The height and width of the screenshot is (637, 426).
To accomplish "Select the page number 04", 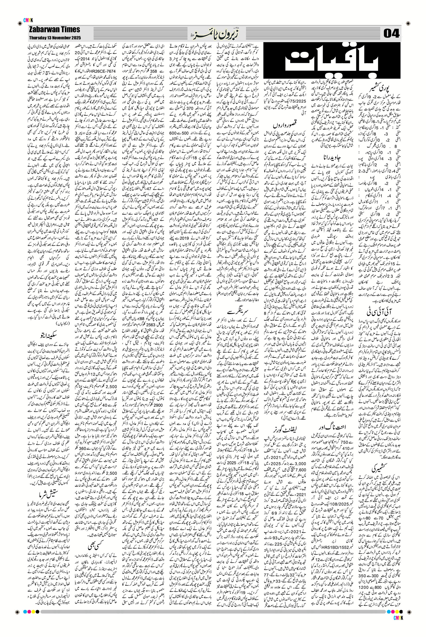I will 391,34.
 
